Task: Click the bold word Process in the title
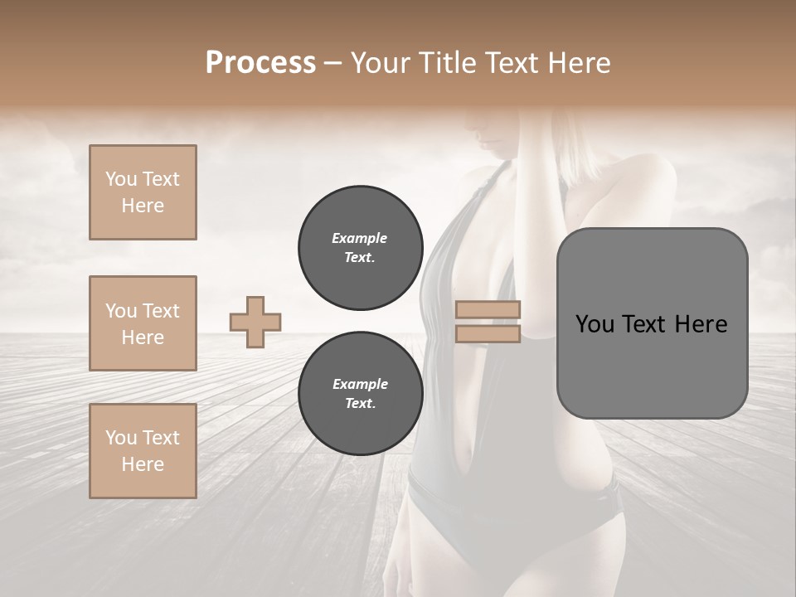tap(260, 62)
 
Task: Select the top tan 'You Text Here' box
tap(143, 192)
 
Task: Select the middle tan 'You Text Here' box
tap(143, 323)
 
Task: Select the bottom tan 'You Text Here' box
tap(143, 451)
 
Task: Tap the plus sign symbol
tap(255, 322)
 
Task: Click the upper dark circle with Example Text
tap(360, 247)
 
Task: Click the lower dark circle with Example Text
tap(360, 393)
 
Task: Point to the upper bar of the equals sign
tap(488, 309)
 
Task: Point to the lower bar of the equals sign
tap(488, 334)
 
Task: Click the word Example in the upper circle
tap(360, 238)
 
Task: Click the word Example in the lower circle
tap(360, 384)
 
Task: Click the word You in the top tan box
tap(120, 179)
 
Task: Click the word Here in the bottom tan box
tap(143, 464)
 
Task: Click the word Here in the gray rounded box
tap(701, 324)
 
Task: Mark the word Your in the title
tap(381, 62)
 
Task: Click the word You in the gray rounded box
tap(595, 324)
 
